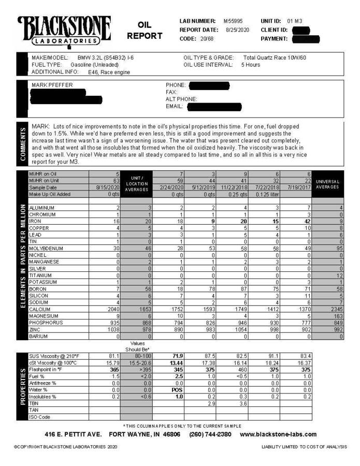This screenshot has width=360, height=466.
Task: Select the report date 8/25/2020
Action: pyautogui.click(x=237, y=30)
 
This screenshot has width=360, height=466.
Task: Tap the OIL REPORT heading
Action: pyautogui.click(x=145, y=31)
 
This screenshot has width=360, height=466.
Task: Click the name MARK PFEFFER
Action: pyautogui.click(x=52, y=85)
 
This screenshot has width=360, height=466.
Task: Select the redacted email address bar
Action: pyautogui.click(x=213, y=107)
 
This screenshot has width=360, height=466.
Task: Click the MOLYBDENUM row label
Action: pyautogui.click(x=46, y=249)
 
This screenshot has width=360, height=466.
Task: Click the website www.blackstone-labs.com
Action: pyautogui.click(x=278, y=434)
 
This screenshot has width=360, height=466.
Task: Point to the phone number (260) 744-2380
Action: pyautogui.click(x=210, y=434)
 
